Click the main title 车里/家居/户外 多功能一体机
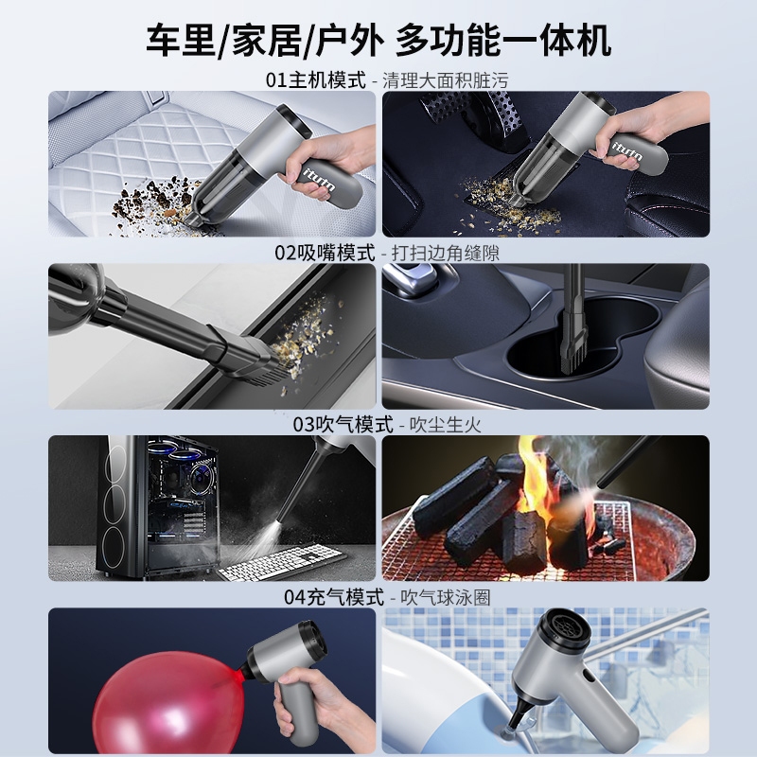coord(378,40)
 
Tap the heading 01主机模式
coord(316,80)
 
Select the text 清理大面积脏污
coord(445,80)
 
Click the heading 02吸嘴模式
coord(325,253)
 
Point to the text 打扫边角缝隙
coord(445,253)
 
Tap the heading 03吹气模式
coord(343,425)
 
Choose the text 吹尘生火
coord(445,425)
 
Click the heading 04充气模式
coord(334,597)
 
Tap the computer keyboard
coord(282,564)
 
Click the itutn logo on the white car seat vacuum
coord(321,179)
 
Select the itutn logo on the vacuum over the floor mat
coord(627,151)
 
